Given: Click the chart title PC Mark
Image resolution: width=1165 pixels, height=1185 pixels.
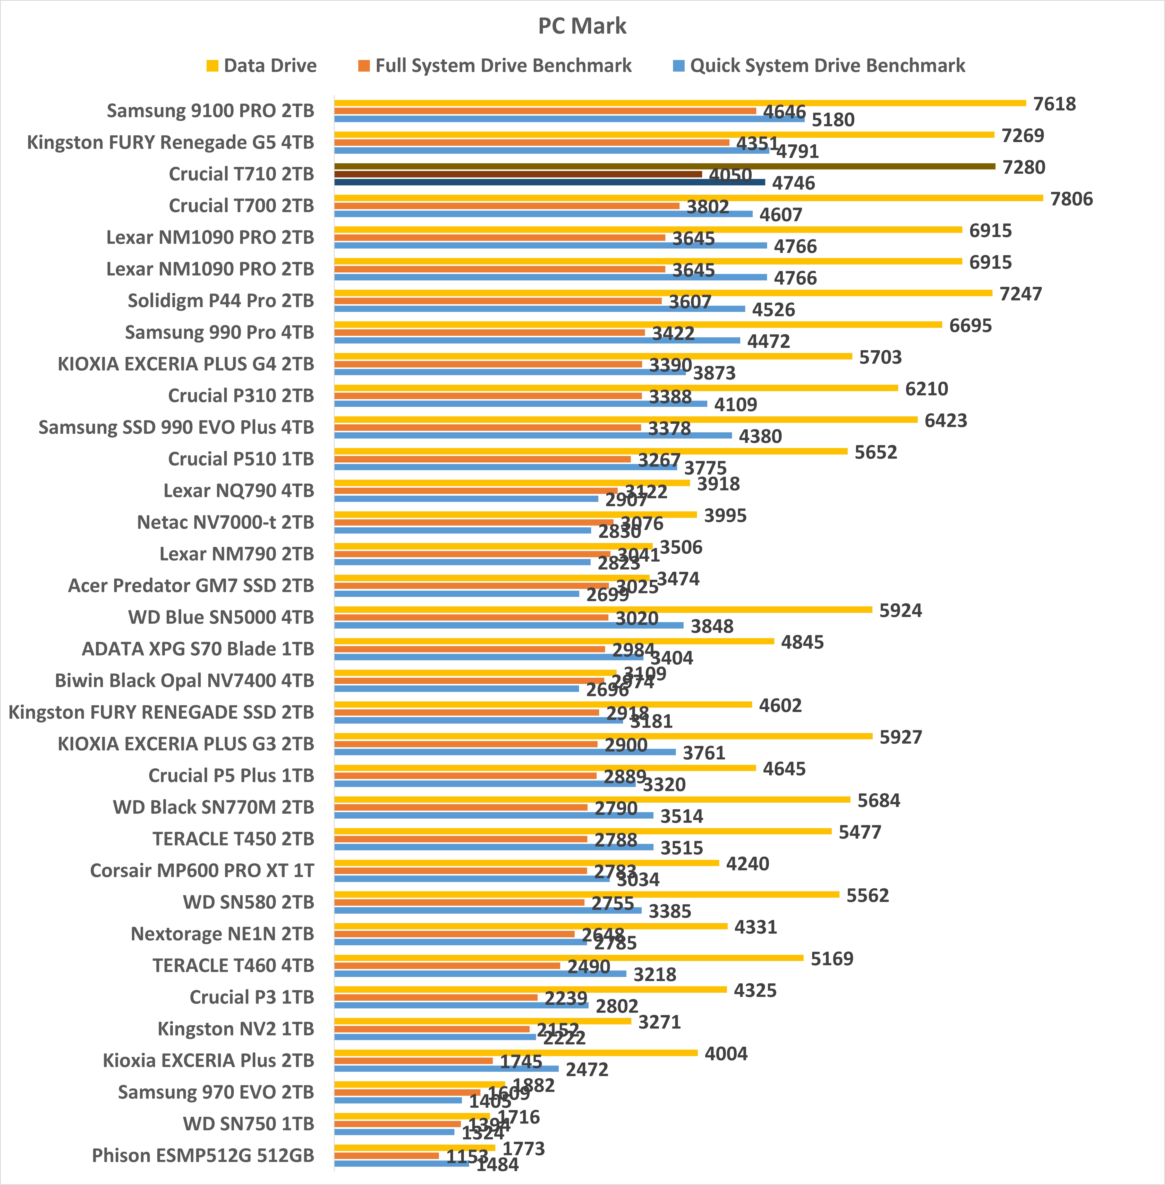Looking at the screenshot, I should click(582, 26).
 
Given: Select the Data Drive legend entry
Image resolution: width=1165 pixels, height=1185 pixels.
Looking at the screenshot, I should click(262, 65).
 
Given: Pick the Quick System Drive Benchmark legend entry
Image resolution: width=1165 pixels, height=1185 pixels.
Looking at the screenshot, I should click(819, 65).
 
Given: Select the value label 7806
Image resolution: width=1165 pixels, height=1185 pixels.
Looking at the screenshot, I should click(1072, 199).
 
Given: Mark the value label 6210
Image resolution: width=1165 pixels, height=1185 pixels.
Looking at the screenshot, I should click(926, 389).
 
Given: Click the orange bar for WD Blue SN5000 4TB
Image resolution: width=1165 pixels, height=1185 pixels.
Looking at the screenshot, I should click(471, 617).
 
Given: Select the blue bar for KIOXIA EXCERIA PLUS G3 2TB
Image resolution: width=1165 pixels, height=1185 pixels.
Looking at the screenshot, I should click(505, 752).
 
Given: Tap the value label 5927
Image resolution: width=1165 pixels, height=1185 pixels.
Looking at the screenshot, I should click(900, 737).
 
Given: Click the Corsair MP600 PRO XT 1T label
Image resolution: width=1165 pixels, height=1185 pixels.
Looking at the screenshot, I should click(202, 871).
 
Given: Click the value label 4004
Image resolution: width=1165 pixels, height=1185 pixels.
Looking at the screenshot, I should click(726, 1053).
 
